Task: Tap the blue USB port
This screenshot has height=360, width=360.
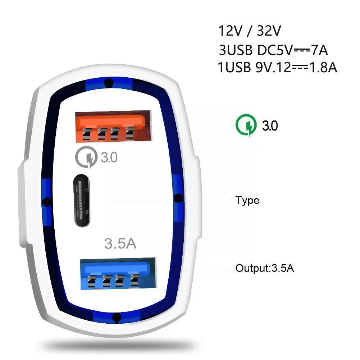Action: pos(117,273)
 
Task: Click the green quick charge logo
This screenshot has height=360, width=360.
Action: pos(246,126)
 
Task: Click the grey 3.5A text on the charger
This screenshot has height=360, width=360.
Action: pos(120,243)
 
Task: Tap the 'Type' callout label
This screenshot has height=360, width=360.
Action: pos(247,200)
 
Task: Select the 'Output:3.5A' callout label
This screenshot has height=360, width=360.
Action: pos(265,268)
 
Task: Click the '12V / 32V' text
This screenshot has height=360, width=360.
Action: pos(250,31)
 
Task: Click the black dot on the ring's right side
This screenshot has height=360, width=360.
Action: pos(178,199)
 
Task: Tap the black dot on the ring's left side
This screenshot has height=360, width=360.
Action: pos(46,201)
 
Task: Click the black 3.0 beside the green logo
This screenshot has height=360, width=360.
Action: pos(270,126)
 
